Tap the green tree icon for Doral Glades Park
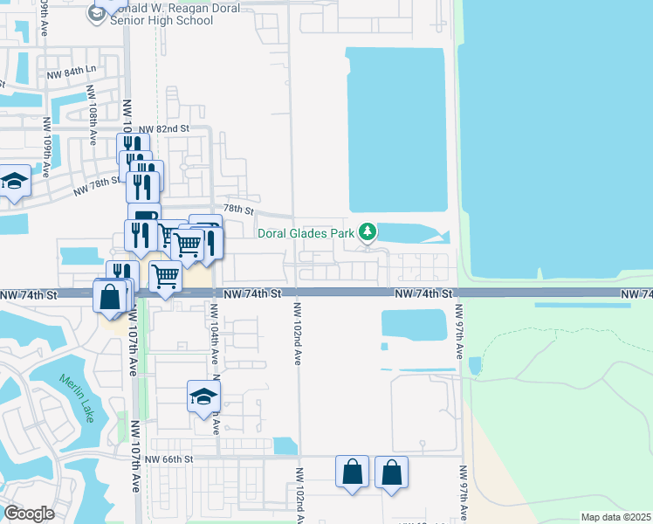(368, 231)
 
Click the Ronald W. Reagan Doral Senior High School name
(175, 14)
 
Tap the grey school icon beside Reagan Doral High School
(95, 13)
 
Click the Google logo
(30, 514)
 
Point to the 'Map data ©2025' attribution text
(615, 517)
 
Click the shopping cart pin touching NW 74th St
(165, 277)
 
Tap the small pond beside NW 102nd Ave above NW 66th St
(285, 445)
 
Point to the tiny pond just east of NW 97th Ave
(474, 366)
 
